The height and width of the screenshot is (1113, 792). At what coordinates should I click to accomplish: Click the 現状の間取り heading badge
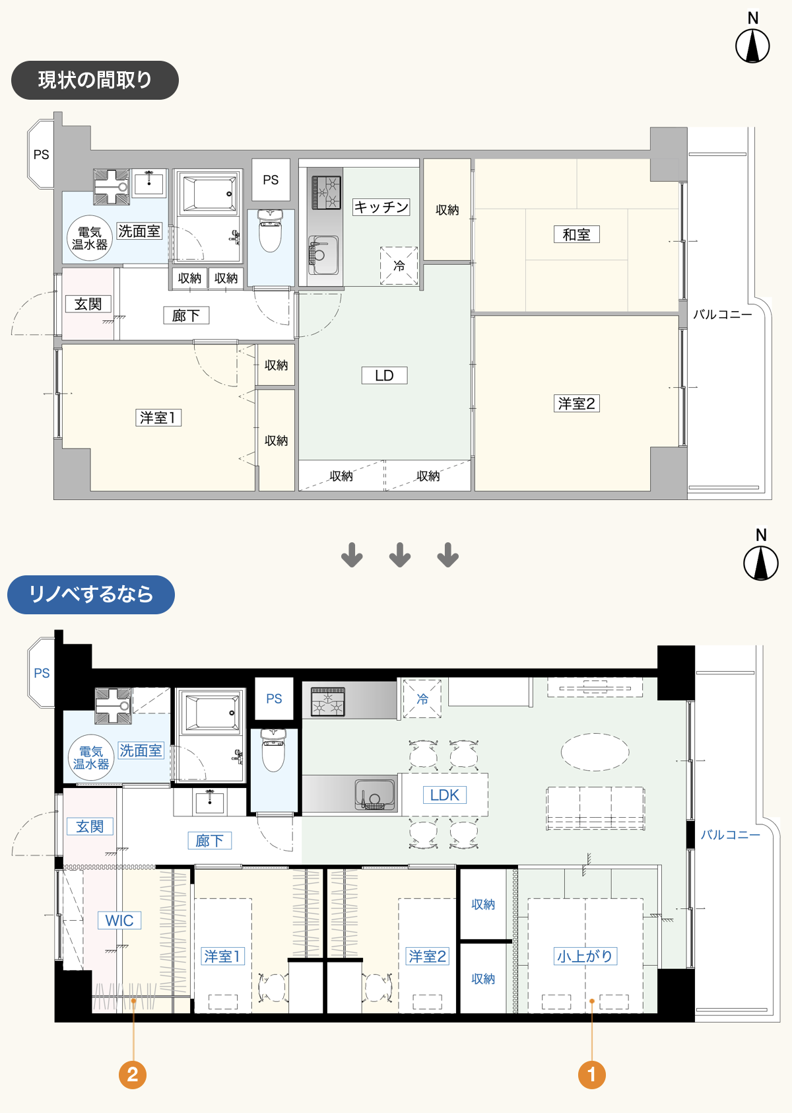(94, 80)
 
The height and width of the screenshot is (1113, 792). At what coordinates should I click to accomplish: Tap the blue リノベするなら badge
(91, 594)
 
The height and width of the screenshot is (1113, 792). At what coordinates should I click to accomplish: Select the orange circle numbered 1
(591, 1075)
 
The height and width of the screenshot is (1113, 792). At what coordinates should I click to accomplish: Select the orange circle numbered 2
(133, 1075)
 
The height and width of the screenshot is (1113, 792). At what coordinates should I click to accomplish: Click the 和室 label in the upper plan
(576, 234)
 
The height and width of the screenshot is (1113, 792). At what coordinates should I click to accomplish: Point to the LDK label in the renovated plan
(444, 795)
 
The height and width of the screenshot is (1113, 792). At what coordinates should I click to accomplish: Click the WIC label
(119, 920)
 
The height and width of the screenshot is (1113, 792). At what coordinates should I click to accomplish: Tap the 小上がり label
(585, 956)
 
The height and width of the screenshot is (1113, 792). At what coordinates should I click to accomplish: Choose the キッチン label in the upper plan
(381, 207)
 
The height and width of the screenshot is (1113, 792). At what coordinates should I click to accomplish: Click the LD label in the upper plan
(384, 375)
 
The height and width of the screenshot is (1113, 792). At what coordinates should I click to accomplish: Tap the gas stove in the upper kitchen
(326, 192)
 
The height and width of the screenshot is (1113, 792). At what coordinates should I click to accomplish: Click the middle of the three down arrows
(400, 555)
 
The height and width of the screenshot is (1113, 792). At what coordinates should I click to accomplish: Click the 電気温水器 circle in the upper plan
(90, 238)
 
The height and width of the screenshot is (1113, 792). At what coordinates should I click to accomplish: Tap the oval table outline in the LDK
(595, 752)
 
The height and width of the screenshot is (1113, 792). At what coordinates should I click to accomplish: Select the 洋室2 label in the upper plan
(576, 403)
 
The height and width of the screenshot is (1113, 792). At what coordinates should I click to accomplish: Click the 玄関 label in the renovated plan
(90, 826)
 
